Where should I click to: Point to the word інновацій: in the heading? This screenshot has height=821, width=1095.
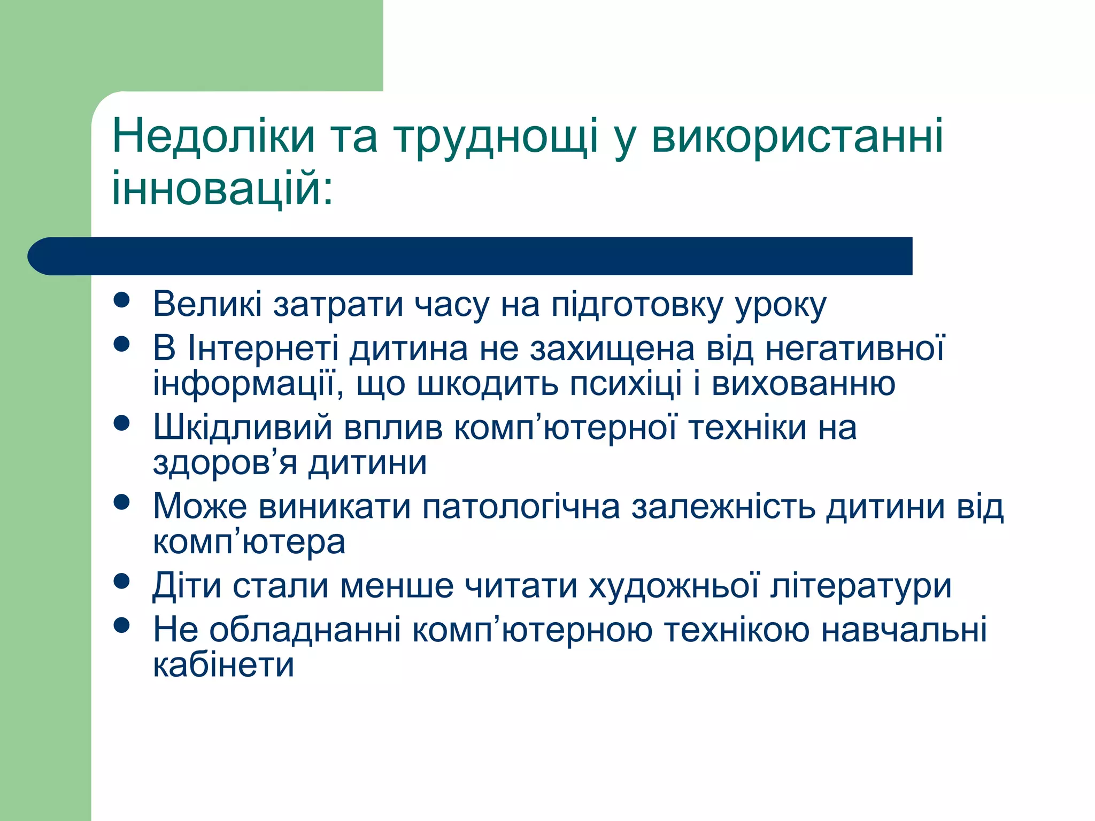222,188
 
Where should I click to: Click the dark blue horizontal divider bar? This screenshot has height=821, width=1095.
471,256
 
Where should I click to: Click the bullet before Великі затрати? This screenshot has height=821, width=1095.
122,300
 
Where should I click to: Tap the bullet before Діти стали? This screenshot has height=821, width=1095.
122,581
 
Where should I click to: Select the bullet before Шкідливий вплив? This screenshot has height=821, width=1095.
122,423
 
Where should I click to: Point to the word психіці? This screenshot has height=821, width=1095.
625,384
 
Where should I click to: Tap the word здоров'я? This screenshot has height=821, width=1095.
225,463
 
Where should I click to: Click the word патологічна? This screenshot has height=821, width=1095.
521,506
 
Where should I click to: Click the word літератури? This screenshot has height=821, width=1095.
861,586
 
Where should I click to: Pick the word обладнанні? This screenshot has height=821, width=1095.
305,630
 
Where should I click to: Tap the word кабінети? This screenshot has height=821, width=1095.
223,665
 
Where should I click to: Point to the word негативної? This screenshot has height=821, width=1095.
855,348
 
